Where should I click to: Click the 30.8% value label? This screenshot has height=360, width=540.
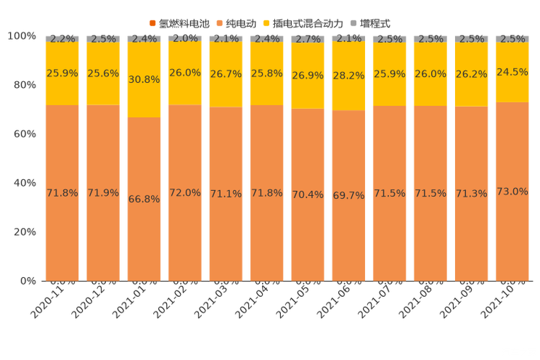coord(144,80)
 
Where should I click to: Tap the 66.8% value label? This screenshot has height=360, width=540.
coord(144,199)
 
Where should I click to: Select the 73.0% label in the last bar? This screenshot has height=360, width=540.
coord(512,192)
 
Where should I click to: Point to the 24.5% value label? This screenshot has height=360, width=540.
coord(512,72)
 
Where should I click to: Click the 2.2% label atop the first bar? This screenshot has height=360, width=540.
coord(62,39)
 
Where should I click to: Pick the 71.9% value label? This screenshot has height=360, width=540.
coord(103,193)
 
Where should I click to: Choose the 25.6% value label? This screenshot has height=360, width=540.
coord(103,73)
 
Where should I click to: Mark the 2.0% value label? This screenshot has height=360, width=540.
coord(185,38)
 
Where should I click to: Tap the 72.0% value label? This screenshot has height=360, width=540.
coord(185,193)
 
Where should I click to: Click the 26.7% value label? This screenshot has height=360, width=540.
coord(226,75)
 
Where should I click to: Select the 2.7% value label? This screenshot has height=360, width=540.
coord(308,39)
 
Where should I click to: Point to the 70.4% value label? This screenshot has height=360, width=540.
coord(308,195)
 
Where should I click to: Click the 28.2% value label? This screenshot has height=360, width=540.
coord(348,75)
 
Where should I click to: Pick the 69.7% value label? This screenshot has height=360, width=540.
coord(348,196)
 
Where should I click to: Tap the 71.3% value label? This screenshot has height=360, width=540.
coord(471,194)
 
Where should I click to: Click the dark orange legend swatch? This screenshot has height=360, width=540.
coord(152,24)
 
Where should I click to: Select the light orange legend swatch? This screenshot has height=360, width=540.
coord(220,24)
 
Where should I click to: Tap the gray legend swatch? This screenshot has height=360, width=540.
coord(355,24)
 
